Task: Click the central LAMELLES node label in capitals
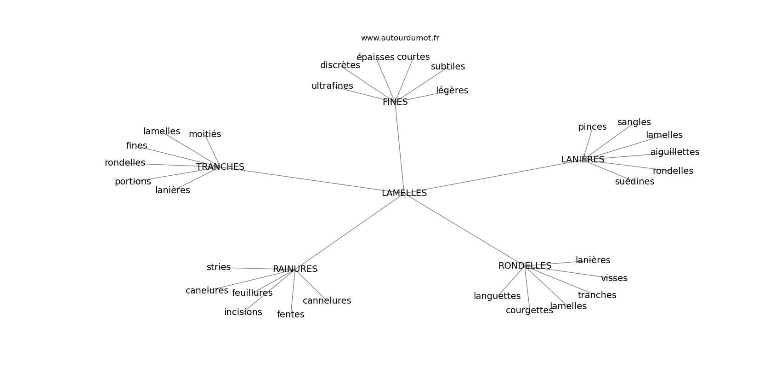[x=404, y=193]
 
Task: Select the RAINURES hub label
[x=295, y=269]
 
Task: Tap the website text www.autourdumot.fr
[x=400, y=38]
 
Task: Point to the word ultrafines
[x=332, y=86]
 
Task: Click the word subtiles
[x=447, y=66]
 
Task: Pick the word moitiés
[x=204, y=134]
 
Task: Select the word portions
[x=133, y=182]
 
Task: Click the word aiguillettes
[x=675, y=152]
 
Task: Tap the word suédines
[x=634, y=182]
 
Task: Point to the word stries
[x=219, y=267]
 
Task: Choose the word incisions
[x=243, y=312]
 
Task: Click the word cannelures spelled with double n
[x=327, y=301]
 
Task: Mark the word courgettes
[x=529, y=310]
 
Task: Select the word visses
[x=614, y=278]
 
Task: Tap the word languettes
[x=497, y=296]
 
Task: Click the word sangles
[x=634, y=122]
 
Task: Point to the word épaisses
[x=375, y=57]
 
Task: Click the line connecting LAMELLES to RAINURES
[x=350, y=231]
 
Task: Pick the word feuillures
[x=252, y=293]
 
